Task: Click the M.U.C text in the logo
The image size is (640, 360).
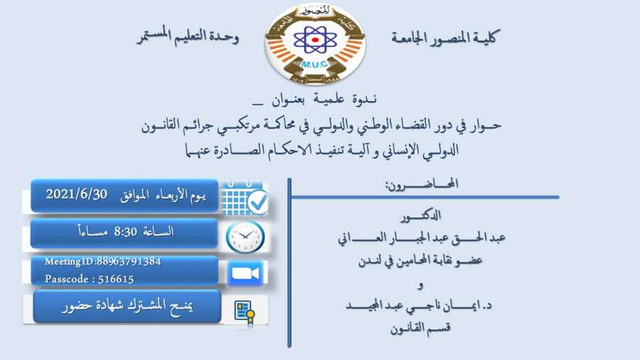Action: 314,64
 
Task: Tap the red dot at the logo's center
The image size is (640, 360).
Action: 315,40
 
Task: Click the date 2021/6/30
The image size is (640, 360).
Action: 76,194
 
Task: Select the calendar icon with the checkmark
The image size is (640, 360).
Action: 245,198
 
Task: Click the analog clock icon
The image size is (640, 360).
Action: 245,236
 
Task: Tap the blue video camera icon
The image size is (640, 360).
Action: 245,272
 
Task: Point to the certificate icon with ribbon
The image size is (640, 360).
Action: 245,312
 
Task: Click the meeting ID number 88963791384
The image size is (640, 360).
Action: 129,261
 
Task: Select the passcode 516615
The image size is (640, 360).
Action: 116,279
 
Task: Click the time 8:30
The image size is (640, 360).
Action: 125,232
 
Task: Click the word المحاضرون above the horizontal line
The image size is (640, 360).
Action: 422,184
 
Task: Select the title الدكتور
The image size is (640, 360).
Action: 420,216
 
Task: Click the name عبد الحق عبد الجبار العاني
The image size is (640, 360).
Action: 422,238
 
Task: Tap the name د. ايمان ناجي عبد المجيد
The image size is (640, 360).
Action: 419,305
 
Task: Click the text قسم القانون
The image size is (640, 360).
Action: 420,328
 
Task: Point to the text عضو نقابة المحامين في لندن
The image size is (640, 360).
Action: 420,260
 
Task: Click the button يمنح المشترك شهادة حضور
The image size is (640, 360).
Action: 127,307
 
